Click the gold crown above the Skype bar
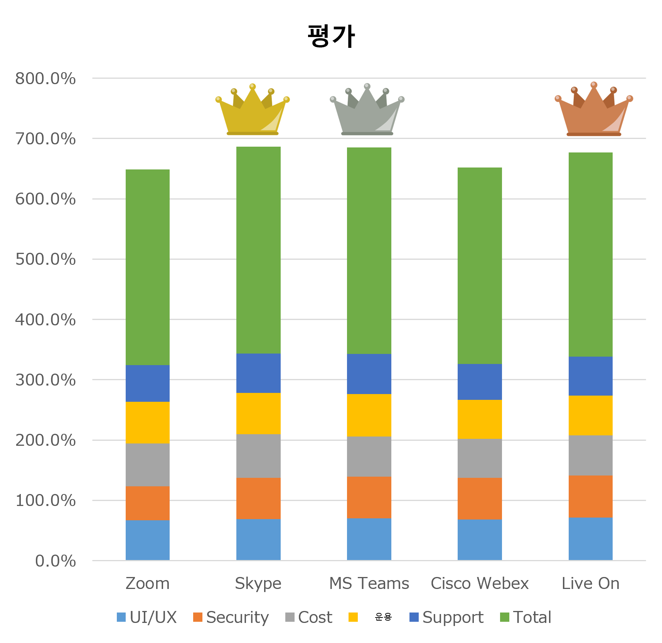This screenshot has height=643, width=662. pyautogui.click(x=253, y=108)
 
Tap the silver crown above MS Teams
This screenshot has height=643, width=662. pyautogui.click(x=367, y=108)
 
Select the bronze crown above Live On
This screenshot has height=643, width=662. pyautogui.click(x=594, y=108)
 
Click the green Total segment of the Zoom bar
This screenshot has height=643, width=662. pyautogui.click(x=148, y=267)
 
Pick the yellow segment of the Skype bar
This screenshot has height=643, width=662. pyautogui.click(x=258, y=413)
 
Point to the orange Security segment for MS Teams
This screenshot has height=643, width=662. pyautogui.click(x=369, y=497)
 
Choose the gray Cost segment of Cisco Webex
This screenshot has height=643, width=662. pyautogui.click(x=480, y=458)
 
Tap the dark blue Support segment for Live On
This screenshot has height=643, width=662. pyautogui.click(x=590, y=376)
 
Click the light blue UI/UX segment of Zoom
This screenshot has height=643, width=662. pyautogui.click(x=148, y=540)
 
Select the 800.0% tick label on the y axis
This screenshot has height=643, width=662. pyautogui.click(x=45, y=79)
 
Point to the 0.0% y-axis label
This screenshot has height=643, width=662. pyautogui.click(x=55, y=561)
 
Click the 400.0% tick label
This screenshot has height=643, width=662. pyautogui.click(x=45, y=320)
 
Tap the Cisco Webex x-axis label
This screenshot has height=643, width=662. pyautogui.click(x=480, y=583)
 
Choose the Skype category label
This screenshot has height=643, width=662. pyautogui.click(x=258, y=583)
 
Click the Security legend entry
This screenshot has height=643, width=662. pyautogui.click(x=231, y=617)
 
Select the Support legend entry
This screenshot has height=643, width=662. pyautogui.click(x=446, y=617)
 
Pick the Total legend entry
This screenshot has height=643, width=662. pyautogui.click(x=526, y=617)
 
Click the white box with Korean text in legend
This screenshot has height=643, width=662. pyautogui.click(x=384, y=619)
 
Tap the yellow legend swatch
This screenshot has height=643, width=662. pyautogui.click(x=353, y=617)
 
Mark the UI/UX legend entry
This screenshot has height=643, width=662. pyautogui.click(x=147, y=617)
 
